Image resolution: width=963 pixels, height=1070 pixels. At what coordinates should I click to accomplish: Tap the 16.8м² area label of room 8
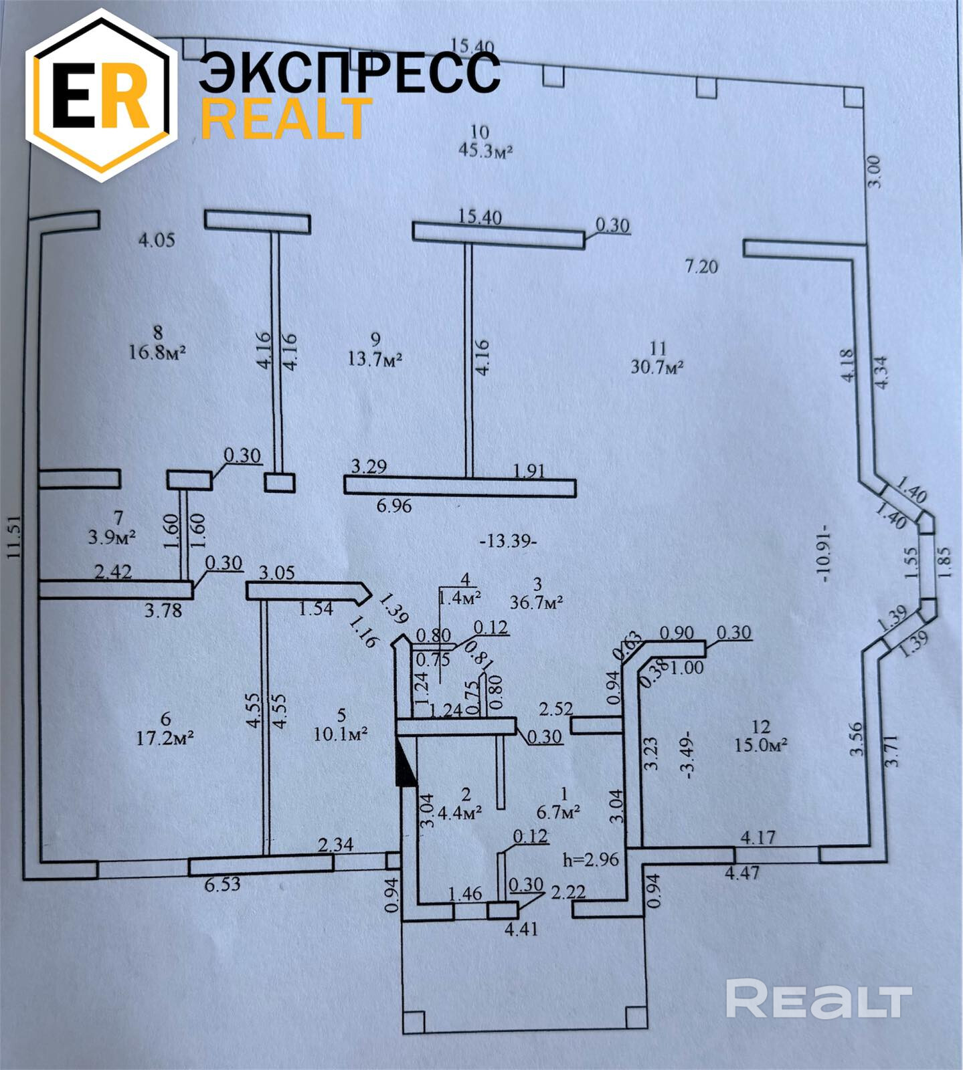(x=157, y=352)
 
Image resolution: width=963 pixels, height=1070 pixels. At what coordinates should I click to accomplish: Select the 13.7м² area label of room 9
(x=375, y=359)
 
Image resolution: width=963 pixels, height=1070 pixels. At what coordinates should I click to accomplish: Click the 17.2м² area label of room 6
(x=165, y=738)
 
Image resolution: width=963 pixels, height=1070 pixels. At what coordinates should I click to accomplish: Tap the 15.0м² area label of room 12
(x=760, y=744)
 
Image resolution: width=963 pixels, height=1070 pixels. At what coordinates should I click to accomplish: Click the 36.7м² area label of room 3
(x=536, y=601)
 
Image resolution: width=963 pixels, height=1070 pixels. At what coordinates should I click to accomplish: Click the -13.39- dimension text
(x=509, y=541)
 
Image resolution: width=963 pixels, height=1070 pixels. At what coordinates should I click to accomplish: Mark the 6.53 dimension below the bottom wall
(x=222, y=884)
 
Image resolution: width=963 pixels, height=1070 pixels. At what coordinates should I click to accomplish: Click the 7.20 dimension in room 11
(x=701, y=267)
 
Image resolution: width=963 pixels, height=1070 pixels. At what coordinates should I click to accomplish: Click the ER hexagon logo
(x=102, y=95)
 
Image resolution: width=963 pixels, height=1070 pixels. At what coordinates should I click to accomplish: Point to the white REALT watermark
(x=818, y=999)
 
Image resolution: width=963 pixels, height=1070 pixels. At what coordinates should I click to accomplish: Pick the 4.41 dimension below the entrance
(x=522, y=929)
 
